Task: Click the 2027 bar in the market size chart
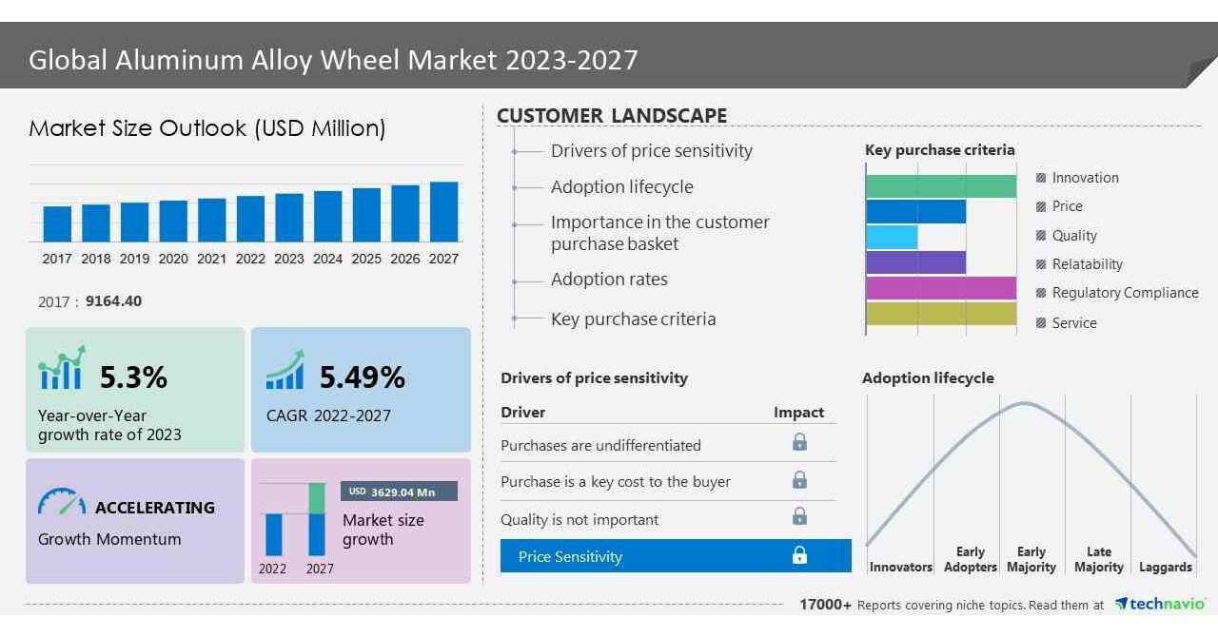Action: (x=443, y=211)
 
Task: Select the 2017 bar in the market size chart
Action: (x=57, y=223)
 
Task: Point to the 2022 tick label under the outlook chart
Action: (x=250, y=259)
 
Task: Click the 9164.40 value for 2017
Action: (x=113, y=301)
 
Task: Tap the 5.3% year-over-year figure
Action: (x=133, y=377)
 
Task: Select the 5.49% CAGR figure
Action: (x=362, y=377)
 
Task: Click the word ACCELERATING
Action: (x=155, y=508)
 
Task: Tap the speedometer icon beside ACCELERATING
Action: (x=62, y=503)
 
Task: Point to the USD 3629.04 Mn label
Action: (x=399, y=492)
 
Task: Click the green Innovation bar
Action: (x=940, y=186)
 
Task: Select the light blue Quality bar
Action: (x=892, y=237)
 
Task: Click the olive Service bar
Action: (x=940, y=313)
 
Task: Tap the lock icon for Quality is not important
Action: (x=799, y=516)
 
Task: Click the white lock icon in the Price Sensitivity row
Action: (x=799, y=555)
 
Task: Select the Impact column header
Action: (x=798, y=413)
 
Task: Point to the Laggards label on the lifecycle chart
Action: (x=1165, y=567)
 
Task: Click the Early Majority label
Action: (x=1031, y=559)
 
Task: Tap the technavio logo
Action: (x=1160, y=605)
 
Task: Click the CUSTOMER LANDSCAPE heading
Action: (x=612, y=116)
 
